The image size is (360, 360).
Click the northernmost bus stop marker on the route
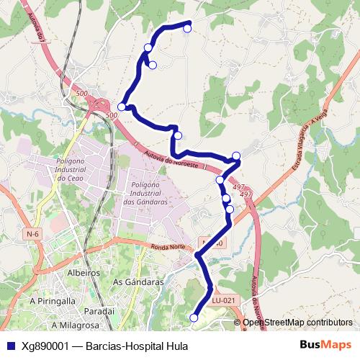(x=187, y=28)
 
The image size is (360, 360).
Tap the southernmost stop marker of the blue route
(x=193, y=318)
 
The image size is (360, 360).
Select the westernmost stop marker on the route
(x=122, y=107)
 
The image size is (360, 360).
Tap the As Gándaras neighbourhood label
(x=139, y=282)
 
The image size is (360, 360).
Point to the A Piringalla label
(x=53, y=300)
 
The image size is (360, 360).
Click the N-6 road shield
(x=32, y=234)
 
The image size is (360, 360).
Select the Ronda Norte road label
(x=168, y=248)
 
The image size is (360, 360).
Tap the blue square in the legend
(x=9, y=346)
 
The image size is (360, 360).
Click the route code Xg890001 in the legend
(x=45, y=346)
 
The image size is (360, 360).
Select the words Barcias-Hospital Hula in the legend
(x=136, y=346)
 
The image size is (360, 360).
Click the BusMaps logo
(x=325, y=345)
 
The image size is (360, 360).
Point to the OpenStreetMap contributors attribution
(x=297, y=323)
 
